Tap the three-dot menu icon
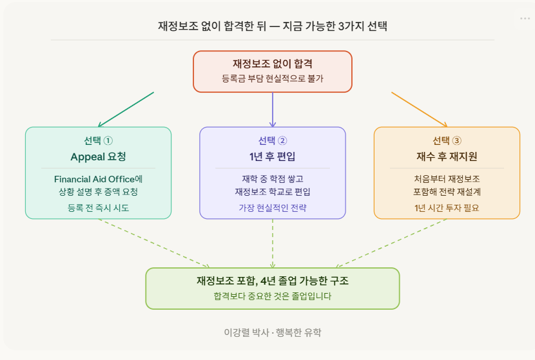[525, 19]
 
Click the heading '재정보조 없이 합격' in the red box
[273, 64]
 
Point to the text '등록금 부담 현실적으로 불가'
[273, 79]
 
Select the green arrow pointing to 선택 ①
[126, 109]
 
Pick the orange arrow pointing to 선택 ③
[419, 109]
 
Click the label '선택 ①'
[98, 141]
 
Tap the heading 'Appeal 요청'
[98, 156]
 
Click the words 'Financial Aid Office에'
[98, 178]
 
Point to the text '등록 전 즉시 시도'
[98, 207]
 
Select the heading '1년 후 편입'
[273, 156]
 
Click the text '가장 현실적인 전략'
[273, 207]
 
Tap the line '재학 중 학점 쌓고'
[273, 178]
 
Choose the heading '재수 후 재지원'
[447, 156]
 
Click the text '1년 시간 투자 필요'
[447, 207]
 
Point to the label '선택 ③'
[447, 141]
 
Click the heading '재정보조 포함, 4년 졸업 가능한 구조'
[273, 281]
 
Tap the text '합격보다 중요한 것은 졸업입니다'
[273, 296]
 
